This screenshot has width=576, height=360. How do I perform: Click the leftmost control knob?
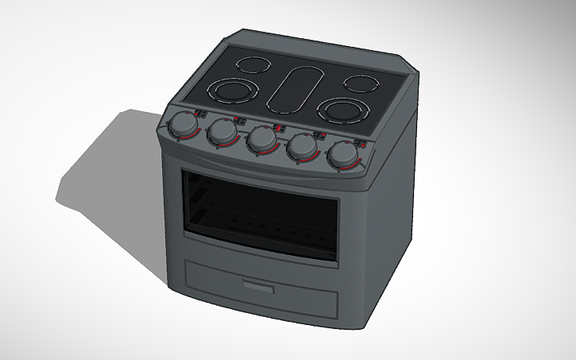point(184,124)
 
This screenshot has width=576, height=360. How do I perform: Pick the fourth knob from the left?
point(303,147)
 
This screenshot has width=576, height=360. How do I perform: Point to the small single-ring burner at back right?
point(361,82)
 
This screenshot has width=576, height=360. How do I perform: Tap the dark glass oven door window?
point(260,213)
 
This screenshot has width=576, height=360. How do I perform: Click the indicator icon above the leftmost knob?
point(202,114)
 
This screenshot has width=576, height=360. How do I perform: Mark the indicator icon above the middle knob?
point(280,127)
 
